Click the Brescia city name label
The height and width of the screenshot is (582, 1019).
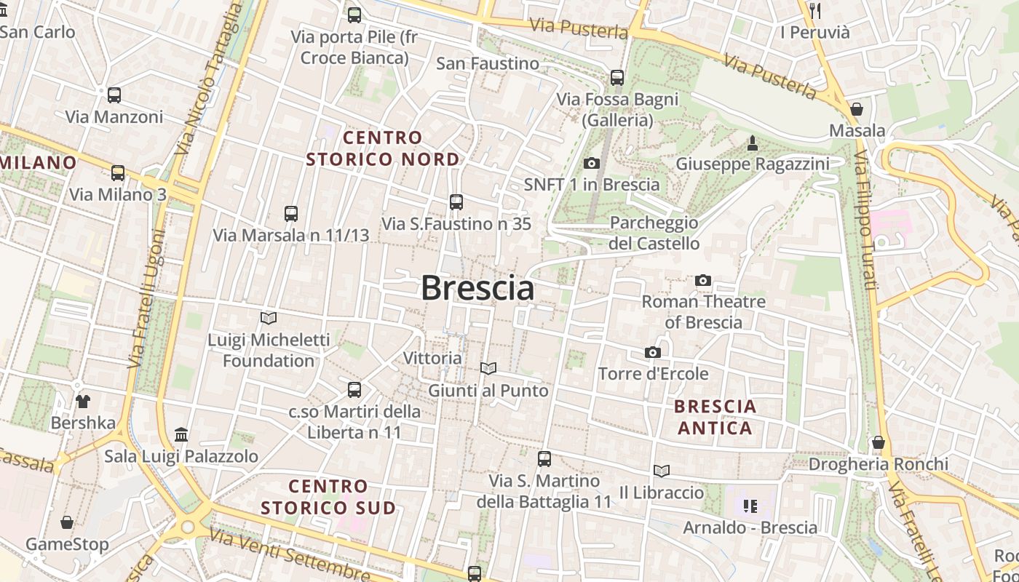click(x=477, y=288)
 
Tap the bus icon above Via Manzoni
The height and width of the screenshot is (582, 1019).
click(x=114, y=95)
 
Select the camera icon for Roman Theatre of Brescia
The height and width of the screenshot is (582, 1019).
click(x=703, y=280)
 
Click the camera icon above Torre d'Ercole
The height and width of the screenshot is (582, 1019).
click(x=653, y=352)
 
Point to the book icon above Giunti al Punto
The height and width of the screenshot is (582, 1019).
click(x=488, y=369)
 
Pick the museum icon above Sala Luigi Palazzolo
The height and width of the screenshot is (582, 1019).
click(x=181, y=435)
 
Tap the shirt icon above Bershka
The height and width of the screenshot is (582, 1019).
click(x=83, y=401)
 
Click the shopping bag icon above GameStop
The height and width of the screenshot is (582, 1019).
click(x=67, y=522)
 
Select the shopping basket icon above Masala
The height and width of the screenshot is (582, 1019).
click(x=857, y=109)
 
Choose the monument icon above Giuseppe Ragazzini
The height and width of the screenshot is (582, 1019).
click(x=753, y=143)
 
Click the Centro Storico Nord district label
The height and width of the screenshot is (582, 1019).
click(x=383, y=148)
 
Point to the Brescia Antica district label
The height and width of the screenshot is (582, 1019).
click(x=715, y=417)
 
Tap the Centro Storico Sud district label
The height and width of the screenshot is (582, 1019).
click(x=328, y=497)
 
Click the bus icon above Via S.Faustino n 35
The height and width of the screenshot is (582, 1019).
click(x=456, y=202)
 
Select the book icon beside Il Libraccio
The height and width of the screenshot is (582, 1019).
click(x=661, y=471)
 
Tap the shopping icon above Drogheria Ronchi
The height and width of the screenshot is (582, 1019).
click(x=879, y=442)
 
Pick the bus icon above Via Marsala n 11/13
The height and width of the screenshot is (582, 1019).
click(x=291, y=214)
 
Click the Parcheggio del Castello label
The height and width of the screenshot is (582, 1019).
click(x=654, y=233)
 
